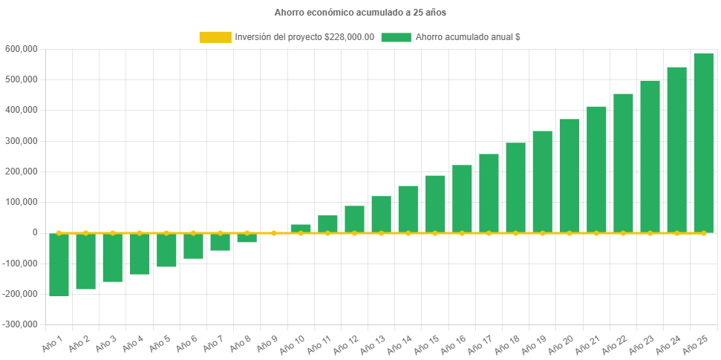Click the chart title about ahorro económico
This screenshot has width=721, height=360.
pyautogui.click(x=360, y=13)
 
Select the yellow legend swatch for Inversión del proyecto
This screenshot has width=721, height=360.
pyautogui.click(x=215, y=37)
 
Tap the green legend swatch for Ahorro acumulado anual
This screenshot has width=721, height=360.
pyautogui.click(x=396, y=37)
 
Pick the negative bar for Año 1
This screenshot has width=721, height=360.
pyautogui.click(x=59, y=265)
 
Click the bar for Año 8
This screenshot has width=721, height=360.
pyautogui.click(x=247, y=238)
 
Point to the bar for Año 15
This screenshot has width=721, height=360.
pyautogui.click(x=435, y=204)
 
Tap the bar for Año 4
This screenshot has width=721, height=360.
pyautogui.click(x=140, y=254)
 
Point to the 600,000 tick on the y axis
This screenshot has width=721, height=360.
pyautogui.click(x=21, y=49)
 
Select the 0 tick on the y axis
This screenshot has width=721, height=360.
pyautogui.click(x=34, y=232)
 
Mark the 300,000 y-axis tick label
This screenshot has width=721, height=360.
pyautogui.click(x=21, y=141)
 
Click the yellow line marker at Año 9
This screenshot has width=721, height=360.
pyautogui.click(x=274, y=233)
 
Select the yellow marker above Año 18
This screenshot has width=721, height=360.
pyautogui.click(x=515, y=233)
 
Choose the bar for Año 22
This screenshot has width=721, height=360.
pyautogui.click(x=623, y=163)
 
